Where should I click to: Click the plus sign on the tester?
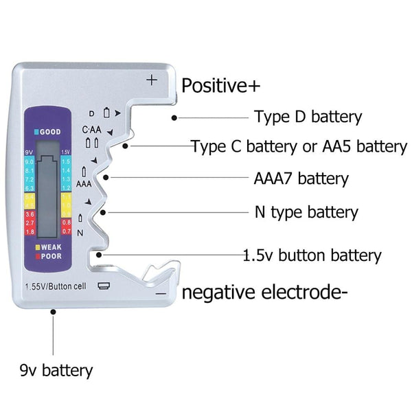coord(152,80)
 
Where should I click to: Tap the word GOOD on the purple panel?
coord(49,131)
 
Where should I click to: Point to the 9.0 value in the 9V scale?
coord(30,161)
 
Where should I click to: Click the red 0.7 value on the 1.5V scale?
coord(66,231)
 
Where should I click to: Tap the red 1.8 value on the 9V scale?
coord(30,231)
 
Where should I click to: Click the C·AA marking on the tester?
coord(92,130)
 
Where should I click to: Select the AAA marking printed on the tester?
coord(84,183)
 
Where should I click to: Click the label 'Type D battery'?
coord(308,117)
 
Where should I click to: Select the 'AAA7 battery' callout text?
coord(301,179)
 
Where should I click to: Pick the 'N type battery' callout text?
coord(306,212)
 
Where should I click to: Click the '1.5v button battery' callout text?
coord(312,255)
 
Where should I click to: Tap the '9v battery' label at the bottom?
coord(56,371)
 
